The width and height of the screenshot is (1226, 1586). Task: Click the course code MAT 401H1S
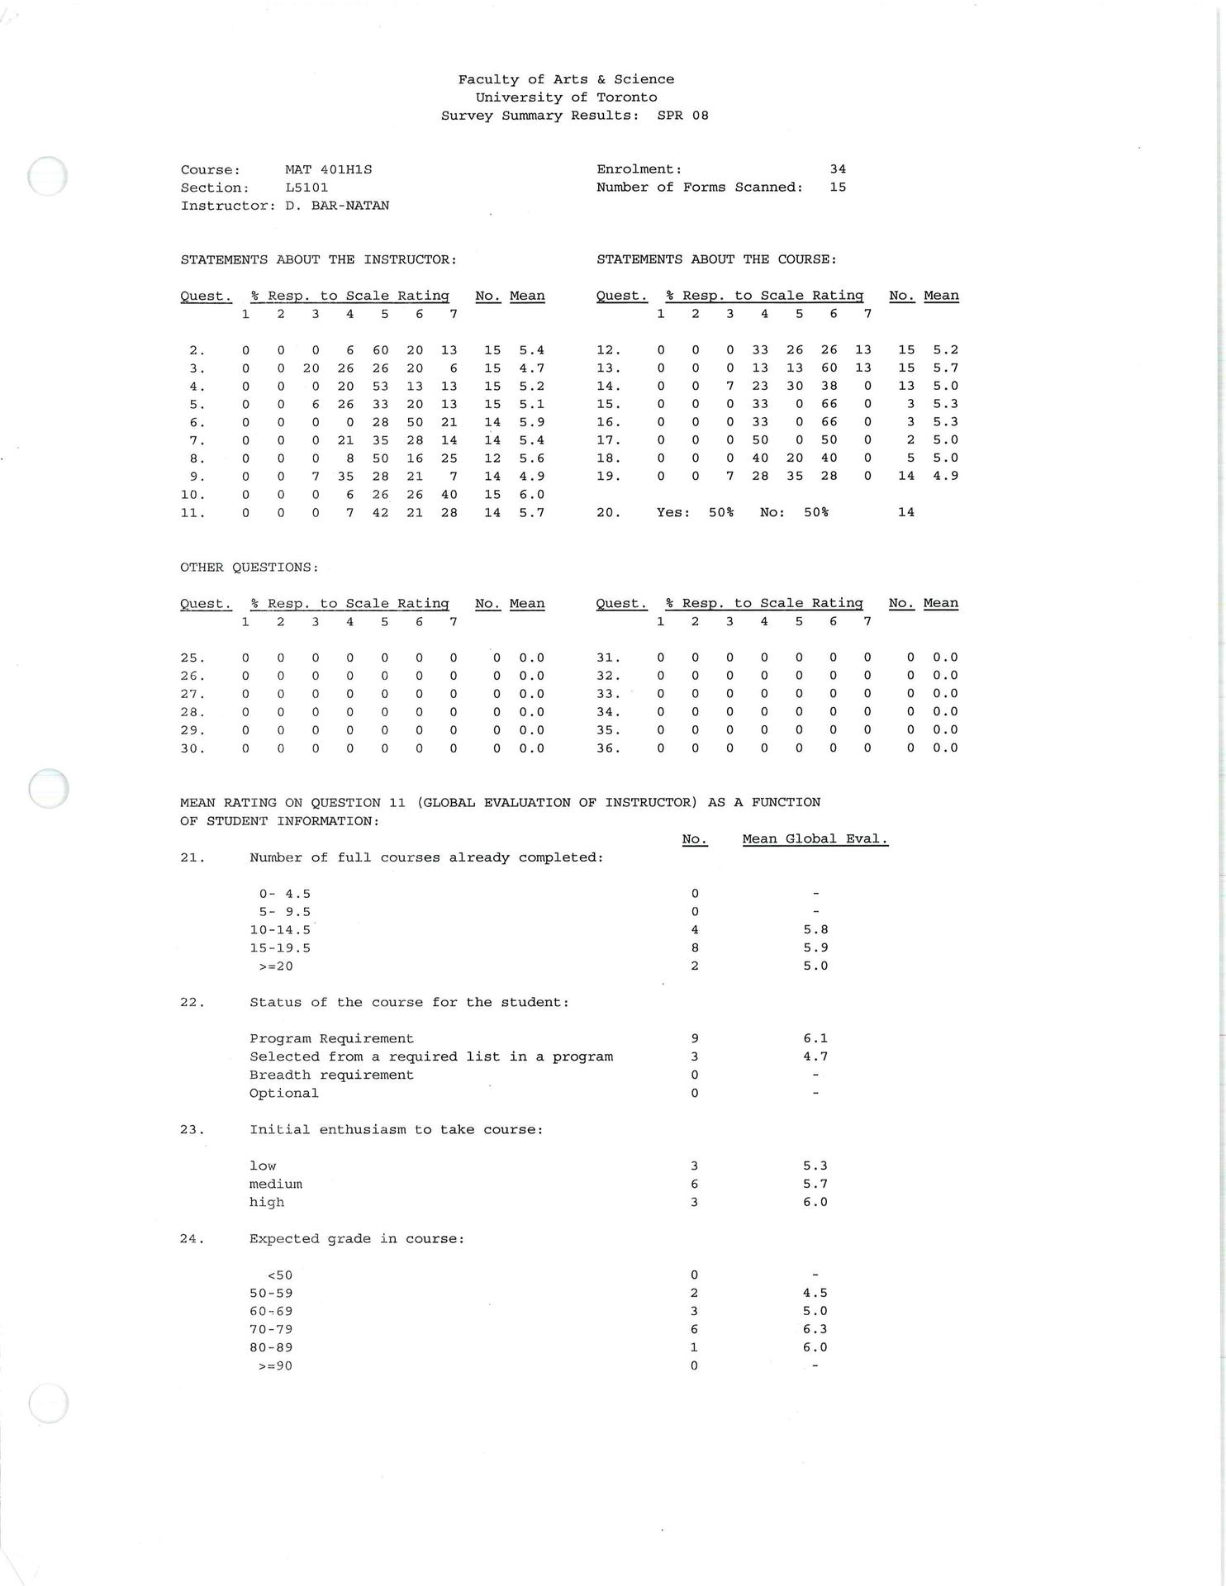pyautogui.click(x=328, y=169)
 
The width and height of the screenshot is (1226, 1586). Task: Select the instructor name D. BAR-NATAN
pyautogui.click(x=337, y=206)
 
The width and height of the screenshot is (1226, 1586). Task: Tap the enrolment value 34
pyautogui.click(x=838, y=169)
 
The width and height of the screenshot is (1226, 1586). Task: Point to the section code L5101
pyautogui.click(x=306, y=188)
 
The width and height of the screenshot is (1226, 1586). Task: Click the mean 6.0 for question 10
pyautogui.click(x=531, y=495)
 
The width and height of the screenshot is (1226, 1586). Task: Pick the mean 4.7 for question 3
pyautogui.click(x=531, y=368)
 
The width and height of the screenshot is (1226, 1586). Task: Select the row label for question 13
pyautogui.click(x=608, y=368)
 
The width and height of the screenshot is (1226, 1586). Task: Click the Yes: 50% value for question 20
pyautogui.click(x=695, y=512)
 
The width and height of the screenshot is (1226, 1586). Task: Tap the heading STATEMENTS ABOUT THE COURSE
pyautogui.click(x=715, y=259)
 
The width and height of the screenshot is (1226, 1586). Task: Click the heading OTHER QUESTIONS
pyautogui.click(x=249, y=567)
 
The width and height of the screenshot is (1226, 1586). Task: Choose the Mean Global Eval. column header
pyautogui.click(x=815, y=839)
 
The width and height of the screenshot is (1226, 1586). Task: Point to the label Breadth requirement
pyautogui.click(x=331, y=1075)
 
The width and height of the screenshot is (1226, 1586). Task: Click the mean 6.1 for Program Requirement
pyautogui.click(x=815, y=1038)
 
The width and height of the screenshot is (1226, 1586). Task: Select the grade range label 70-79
pyautogui.click(x=271, y=1329)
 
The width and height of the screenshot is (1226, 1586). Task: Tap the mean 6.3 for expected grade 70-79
pyautogui.click(x=815, y=1329)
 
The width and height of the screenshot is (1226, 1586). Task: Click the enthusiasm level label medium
pyautogui.click(x=276, y=1184)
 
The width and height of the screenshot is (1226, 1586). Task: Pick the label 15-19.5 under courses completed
pyautogui.click(x=280, y=948)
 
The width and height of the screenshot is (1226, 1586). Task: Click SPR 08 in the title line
pyautogui.click(x=682, y=116)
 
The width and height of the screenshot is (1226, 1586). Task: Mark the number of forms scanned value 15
pyautogui.click(x=838, y=188)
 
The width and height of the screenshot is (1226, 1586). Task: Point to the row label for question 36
pyautogui.click(x=608, y=748)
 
